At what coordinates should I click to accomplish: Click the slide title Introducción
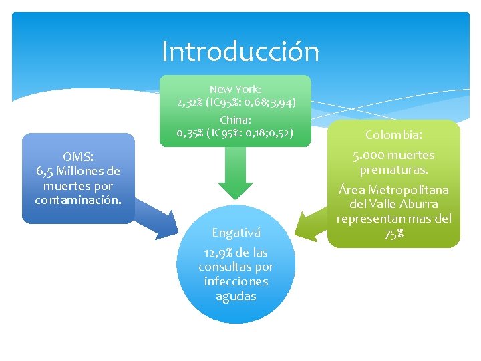240,51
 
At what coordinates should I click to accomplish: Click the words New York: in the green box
236,89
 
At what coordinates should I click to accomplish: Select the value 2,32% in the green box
190,102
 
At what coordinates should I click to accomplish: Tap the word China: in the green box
236,120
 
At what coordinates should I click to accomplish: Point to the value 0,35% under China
190,132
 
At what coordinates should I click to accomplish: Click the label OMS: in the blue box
77,156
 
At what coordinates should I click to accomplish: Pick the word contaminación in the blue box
77,200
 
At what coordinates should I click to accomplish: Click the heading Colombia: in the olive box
393,135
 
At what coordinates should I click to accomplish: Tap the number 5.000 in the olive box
368,155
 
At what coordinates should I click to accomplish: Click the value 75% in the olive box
393,233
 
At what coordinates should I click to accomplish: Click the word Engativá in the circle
236,233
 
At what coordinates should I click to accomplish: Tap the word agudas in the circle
236,296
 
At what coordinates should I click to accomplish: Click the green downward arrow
236,174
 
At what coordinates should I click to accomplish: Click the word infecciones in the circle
236,281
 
